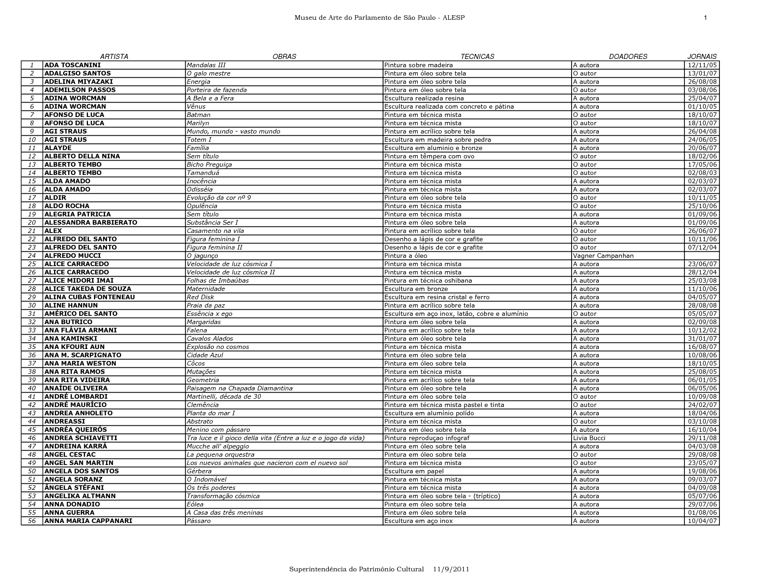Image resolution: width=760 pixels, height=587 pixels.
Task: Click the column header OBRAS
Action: click(x=284, y=57)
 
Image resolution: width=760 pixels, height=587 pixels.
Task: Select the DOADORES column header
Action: click(x=628, y=57)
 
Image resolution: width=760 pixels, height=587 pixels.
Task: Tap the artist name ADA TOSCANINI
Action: click(x=72, y=65)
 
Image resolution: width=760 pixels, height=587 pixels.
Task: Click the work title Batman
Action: click(x=199, y=115)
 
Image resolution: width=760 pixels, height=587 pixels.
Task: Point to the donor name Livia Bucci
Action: click(x=589, y=438)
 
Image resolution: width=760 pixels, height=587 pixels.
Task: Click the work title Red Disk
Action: click(x=200, y=297)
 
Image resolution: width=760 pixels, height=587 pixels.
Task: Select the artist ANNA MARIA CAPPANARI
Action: click(x=88, y=521)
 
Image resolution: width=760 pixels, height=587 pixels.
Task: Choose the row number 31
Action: click(x=32, y=314)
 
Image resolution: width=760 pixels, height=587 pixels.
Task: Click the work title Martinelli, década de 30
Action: click(x=224, y=397)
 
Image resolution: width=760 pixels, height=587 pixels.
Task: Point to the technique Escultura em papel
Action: click(x=414, y=471)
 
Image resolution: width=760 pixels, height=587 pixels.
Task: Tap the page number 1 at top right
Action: click(x=705, y=18)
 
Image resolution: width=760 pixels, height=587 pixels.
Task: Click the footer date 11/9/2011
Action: click(x=451, y=569)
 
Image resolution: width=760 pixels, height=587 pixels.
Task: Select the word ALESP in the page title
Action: click(x=455, y=18)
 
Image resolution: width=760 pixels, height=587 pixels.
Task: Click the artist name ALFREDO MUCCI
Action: click(x=72, y=256)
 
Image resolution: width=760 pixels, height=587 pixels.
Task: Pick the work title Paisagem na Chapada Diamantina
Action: click(x=240, y=389)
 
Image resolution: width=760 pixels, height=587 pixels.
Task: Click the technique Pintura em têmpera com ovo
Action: click(x=429, y=157)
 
